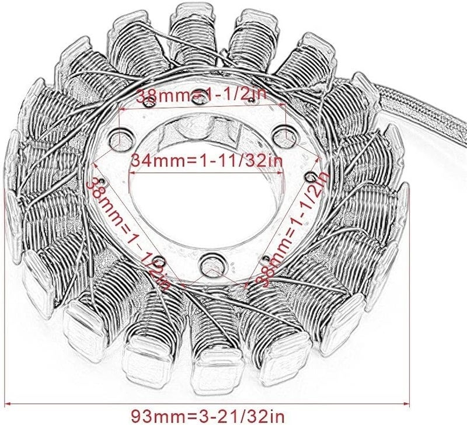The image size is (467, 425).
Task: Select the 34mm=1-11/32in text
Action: click(202, 159)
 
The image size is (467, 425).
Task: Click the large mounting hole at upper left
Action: click(121, 139)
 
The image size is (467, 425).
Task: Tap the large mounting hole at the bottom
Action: click(208, 260)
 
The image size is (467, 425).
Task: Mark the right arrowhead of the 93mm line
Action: click(409, 402)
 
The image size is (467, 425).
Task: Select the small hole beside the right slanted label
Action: click(313, 175)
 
